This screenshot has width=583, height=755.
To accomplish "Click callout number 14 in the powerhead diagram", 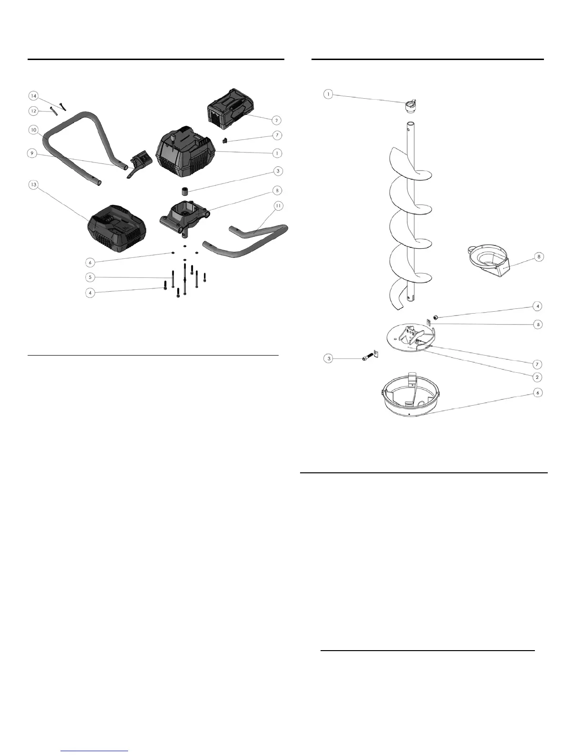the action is coord(33,96).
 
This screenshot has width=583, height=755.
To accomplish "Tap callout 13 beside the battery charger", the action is coord(33,184).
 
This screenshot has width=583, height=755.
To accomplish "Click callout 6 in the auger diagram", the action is coord(538,393).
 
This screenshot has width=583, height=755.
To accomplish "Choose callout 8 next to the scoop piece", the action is coord(538,257).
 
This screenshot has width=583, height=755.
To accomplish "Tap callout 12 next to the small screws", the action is coord(33,111).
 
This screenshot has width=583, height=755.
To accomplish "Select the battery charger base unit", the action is coord(117,230).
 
